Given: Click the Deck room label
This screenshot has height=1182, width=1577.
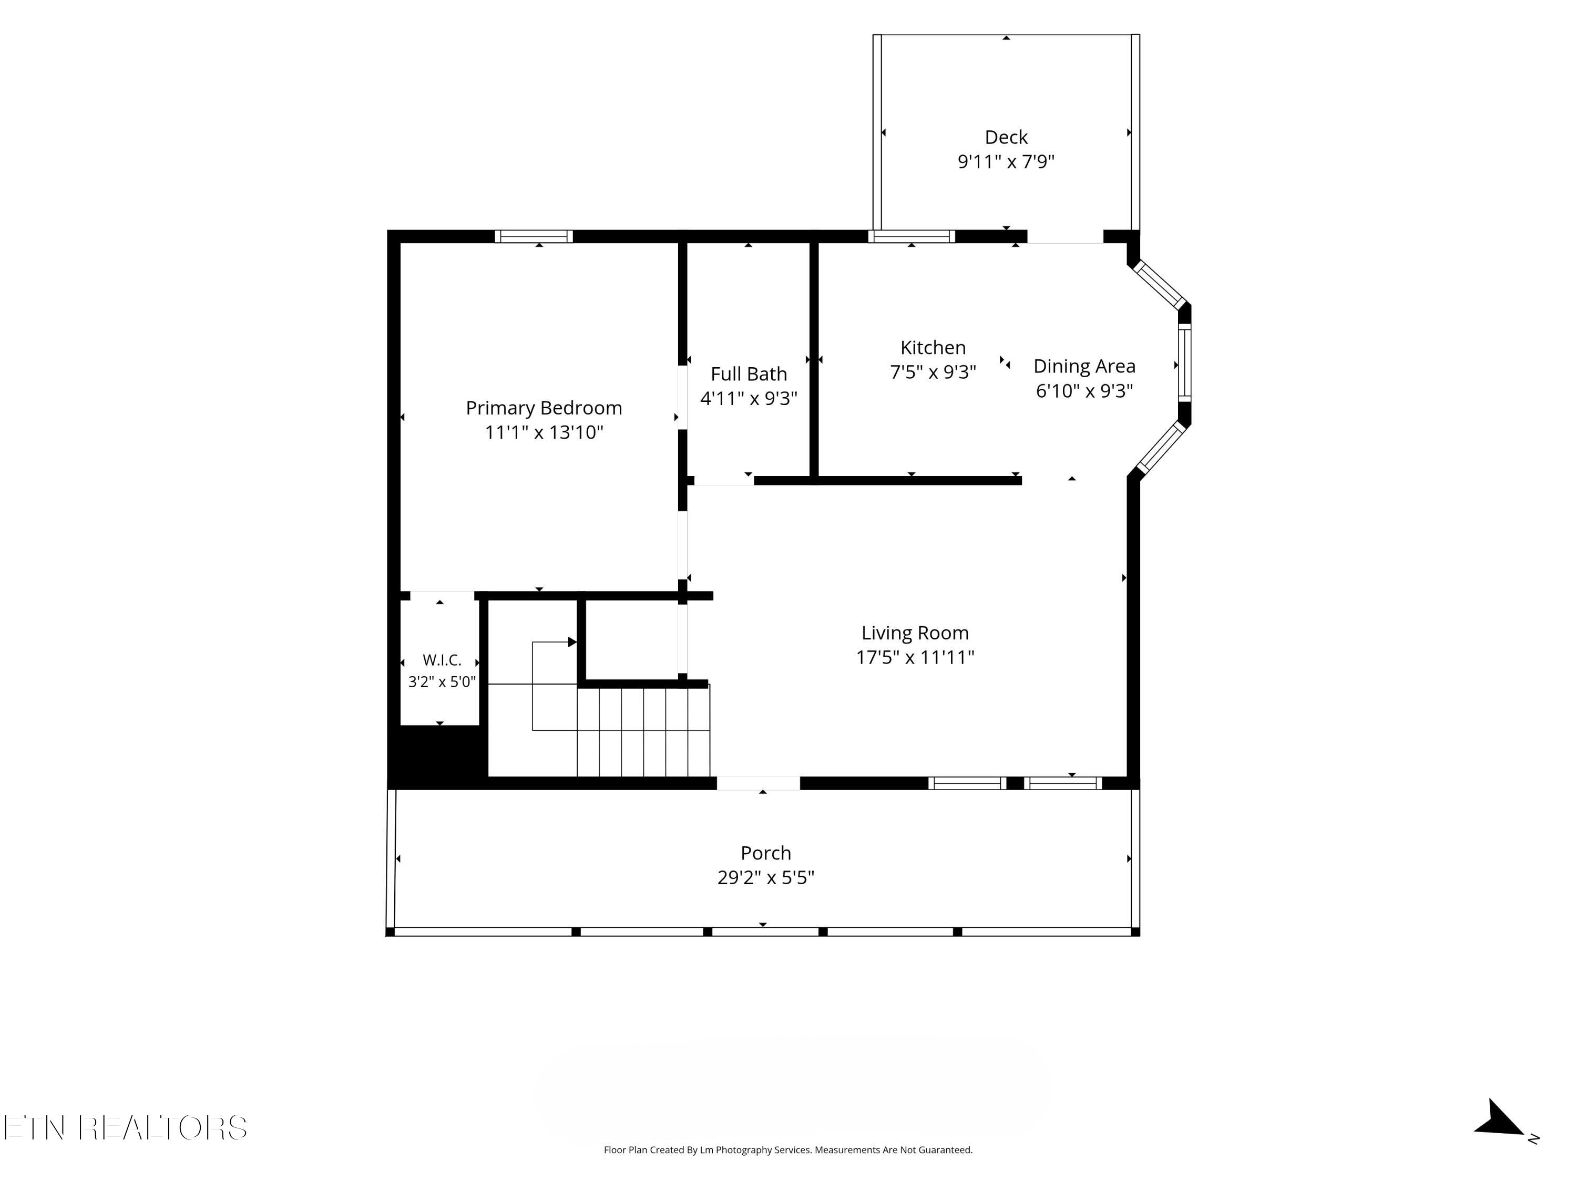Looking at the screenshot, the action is coord(1006,137).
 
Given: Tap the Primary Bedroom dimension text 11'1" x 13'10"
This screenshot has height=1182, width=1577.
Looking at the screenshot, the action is coord(544,432).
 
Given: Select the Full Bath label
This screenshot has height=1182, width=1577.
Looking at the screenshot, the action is coord(749,374).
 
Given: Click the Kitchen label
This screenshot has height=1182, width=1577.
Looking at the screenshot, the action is coord(933,348).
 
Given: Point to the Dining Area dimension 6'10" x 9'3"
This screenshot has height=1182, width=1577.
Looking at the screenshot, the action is coord(1084,390).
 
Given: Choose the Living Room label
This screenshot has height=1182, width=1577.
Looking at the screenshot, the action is coord(915,633).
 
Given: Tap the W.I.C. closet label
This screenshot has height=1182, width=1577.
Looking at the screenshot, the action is coord(442,660).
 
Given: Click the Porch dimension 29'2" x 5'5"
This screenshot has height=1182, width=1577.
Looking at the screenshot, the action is coord(766,877).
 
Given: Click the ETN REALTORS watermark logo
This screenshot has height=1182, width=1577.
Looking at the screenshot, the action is coord(126,1128).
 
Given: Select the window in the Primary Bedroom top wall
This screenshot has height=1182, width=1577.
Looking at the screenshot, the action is coord(534,236).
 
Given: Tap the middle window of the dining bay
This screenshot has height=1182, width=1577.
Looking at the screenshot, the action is coord(1184,364).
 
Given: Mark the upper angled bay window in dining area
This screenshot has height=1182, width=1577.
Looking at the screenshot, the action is coord(1159,284).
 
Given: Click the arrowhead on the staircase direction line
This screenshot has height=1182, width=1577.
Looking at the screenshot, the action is coord(572,642).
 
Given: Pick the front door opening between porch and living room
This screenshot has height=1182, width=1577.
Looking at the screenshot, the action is coord(758,783).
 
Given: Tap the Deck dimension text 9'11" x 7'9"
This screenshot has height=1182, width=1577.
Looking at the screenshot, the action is coord(1006,162).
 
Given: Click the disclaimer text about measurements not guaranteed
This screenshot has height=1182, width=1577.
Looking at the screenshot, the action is coord(788,1149).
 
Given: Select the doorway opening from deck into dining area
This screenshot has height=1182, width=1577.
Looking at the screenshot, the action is coord(1065,236).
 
